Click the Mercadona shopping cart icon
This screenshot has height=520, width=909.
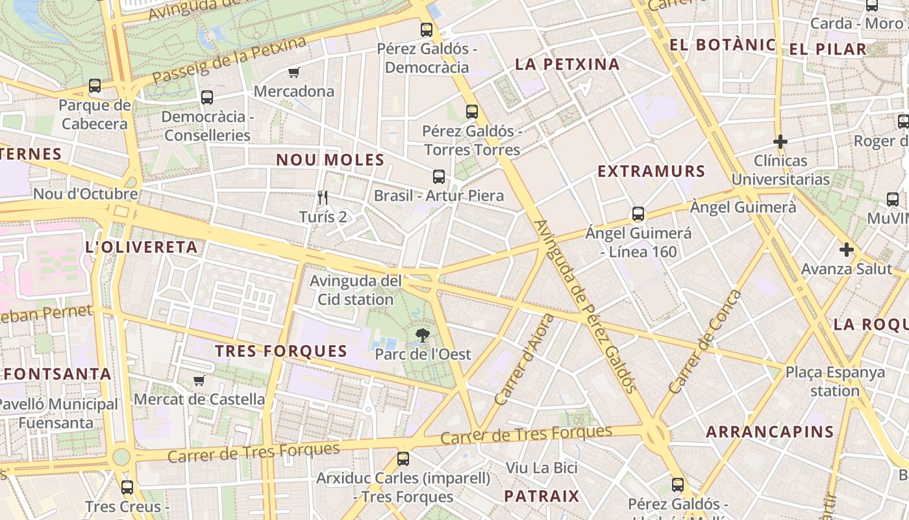point(293,72)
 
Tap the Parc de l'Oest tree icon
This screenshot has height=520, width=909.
point(423,335)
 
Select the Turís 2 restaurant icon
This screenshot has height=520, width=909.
point(323,197)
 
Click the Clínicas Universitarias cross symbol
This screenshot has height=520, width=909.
point(780,141)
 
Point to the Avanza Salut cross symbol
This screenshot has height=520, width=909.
point(846,250)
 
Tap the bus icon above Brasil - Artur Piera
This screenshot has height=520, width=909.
point(439,176)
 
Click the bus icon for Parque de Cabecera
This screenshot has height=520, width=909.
point(95,86)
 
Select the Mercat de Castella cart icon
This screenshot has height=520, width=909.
point(199,380)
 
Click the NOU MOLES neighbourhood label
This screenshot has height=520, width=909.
point(330,160)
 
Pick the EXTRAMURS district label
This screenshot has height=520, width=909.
point(651,172)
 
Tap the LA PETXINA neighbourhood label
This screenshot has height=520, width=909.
point(567,64)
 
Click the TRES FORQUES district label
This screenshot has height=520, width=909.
point(281,352)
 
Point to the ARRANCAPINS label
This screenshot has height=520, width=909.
point(769,432)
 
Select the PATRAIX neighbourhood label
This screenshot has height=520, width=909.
point(541,497)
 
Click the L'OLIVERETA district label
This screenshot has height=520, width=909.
point(141,247)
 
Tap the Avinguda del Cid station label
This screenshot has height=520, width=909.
point(355,291)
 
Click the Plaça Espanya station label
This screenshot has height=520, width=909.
point(834,382)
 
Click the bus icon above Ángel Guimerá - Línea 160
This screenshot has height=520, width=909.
point(638,214)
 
